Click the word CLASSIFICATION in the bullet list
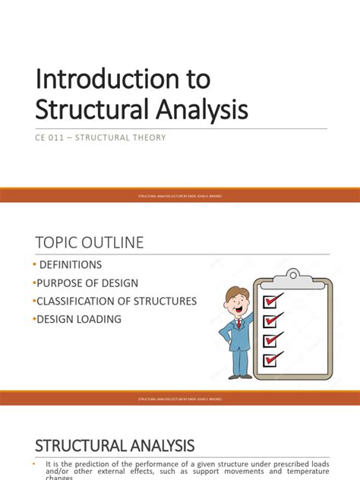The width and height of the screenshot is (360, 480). coord(84,301)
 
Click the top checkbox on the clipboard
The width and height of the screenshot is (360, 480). coord(272,302)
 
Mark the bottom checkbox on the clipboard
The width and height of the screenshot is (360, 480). coord(272,358)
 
